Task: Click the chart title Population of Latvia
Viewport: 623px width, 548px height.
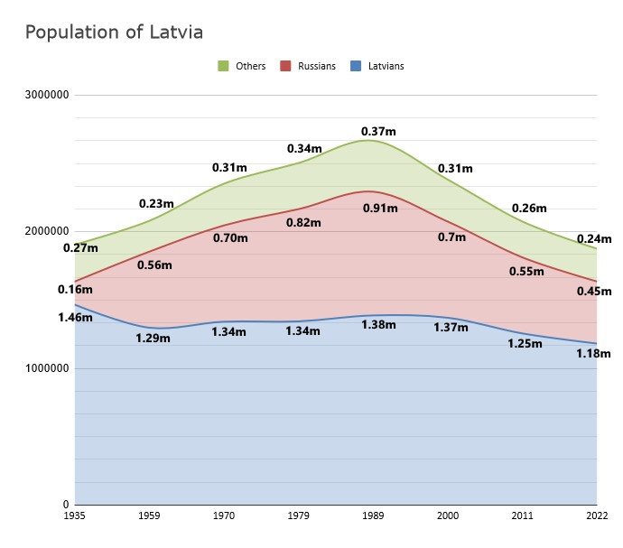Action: (x=114, y=33)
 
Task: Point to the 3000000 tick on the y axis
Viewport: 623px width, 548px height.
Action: (x=48, y=95)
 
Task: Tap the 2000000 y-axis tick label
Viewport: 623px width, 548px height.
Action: (x=48, y=232)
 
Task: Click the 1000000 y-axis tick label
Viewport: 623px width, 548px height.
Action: (x=48, y=368)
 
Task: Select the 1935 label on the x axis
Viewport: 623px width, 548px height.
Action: (x=75, y=516)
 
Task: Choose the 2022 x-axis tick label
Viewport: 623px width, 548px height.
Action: (x=597, y=516)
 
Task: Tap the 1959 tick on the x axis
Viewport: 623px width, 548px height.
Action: (x=150, y=516)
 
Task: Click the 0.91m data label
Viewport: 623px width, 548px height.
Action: (x=379, y=209)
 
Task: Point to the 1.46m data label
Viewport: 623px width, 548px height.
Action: (x=75, y=317)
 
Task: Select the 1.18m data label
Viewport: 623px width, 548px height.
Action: (x=593, y=354)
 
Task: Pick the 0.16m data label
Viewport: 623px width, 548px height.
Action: (x=75, y=289)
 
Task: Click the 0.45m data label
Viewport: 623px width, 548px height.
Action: (x=594, y=291)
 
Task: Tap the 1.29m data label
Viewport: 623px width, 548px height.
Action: (x=153, y=339)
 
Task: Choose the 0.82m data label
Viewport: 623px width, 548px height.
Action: (x=303, y=222)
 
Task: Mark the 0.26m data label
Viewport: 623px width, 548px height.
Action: (x=529, y=208)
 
